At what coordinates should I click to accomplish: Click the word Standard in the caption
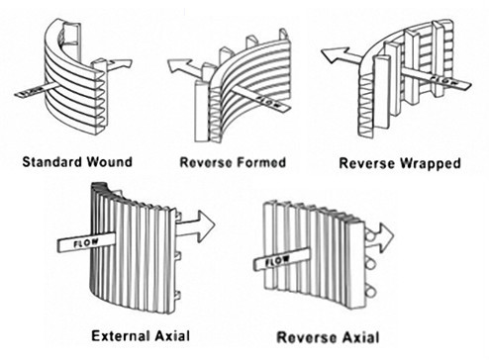pyautogui.click(x=52, y=162)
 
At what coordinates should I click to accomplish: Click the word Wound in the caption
pyautogui.click(x=110, y=162)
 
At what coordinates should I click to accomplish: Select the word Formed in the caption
pyautogui.click(x=261, y=162)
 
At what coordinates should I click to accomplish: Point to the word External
pyautogui.click(x=118, y=336)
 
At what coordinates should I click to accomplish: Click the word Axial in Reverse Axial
pyautogui.click(x=360, y=337)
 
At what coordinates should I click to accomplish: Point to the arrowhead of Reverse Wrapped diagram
pyautogui.click(x=335, y=54)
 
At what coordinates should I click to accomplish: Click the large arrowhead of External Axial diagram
pyautogui.click(x=204, y=225)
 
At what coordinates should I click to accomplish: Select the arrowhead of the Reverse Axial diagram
pyautogui.click(x=386, y=236)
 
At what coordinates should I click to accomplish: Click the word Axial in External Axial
pyautogui.click(x=169, y=336)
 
